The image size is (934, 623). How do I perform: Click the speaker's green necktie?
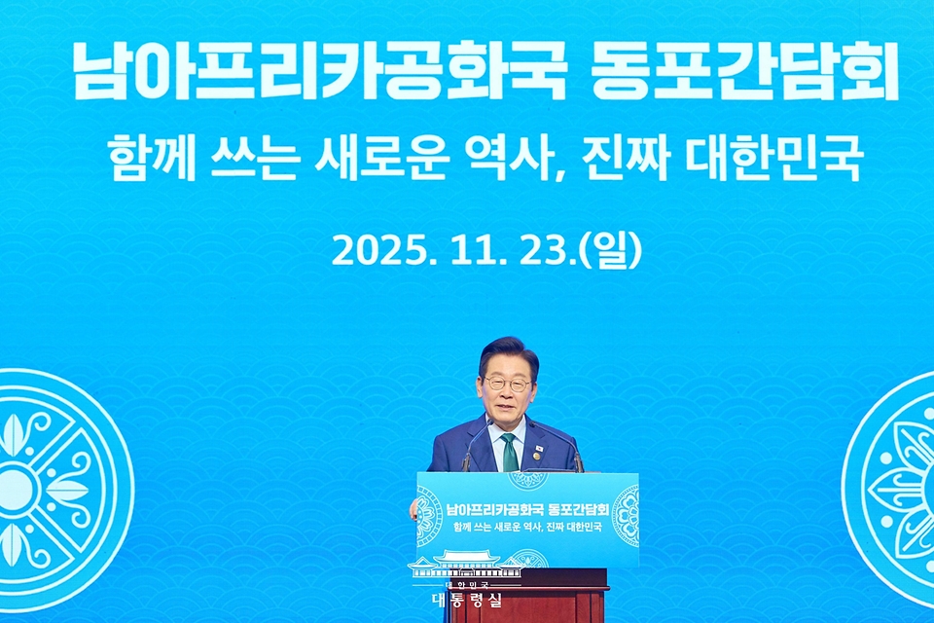click(509, 453)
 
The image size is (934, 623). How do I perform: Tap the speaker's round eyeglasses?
click(508, 385)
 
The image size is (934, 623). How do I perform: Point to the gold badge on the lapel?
click(536, 454)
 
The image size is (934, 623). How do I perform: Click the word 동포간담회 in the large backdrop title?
click(744, 74)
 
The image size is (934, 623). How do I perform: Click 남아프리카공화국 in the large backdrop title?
click(319, 74)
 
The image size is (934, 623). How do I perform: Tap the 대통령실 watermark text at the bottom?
click(468, 600)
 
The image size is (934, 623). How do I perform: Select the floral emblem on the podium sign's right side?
click(626, 516)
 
